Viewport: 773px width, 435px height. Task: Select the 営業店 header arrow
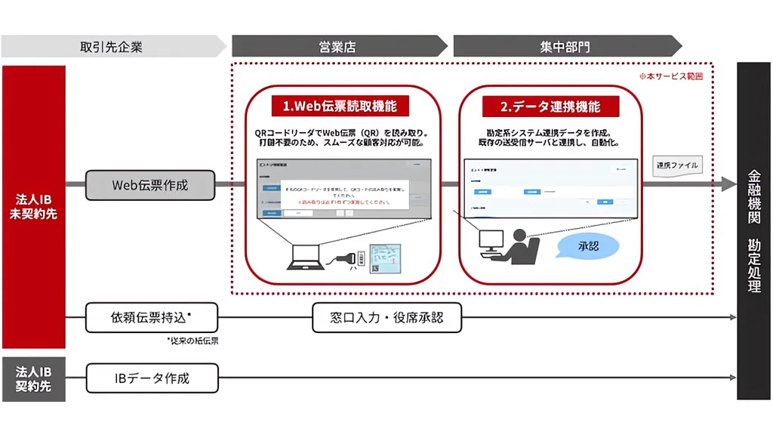[337, 46]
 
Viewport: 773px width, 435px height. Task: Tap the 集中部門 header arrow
[565, 46]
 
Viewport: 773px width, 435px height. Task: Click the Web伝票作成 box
[150, 184]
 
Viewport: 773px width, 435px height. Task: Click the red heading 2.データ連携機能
[550, 106]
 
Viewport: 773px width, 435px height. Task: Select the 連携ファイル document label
[677, 165]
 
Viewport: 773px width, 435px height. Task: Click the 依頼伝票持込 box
[152, 317]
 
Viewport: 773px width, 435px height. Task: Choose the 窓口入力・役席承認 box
[386, 317]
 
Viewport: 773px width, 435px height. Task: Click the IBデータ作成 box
[152, 378]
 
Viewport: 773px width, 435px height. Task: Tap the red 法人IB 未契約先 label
[33, 206]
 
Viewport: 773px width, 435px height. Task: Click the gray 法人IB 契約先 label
[33, 378]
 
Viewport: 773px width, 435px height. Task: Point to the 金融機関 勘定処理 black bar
[753, 231]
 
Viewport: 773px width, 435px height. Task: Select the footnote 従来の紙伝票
[192, 341]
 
